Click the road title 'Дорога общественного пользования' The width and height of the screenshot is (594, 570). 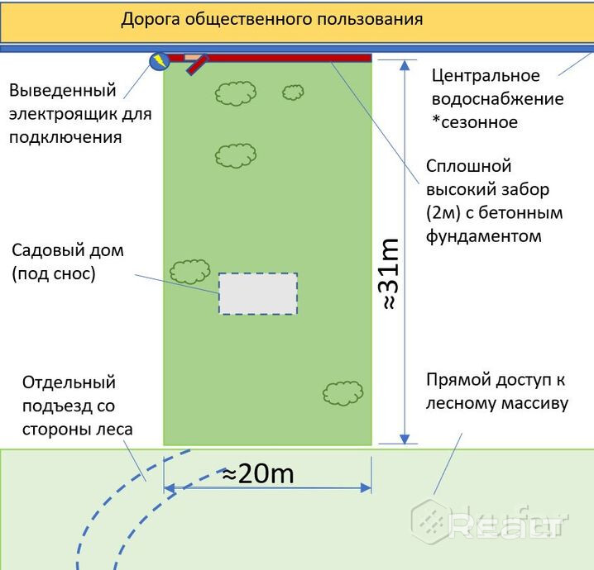[x=272, y=18]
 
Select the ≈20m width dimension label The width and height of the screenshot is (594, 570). [x=260, y=474]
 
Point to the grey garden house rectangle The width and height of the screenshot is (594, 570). [x=257, y=293]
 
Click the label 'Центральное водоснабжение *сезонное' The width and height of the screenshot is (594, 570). [x=497, y=99]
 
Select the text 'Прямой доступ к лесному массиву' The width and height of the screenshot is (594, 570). [x=496, y=392]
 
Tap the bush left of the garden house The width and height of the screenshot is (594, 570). [x=189, y=270]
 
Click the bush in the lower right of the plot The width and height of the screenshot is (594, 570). [x=343, y=392]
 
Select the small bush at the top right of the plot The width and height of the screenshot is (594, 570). [x=293, y=92]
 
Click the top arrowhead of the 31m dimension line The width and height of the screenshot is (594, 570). [x=404, y=65]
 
